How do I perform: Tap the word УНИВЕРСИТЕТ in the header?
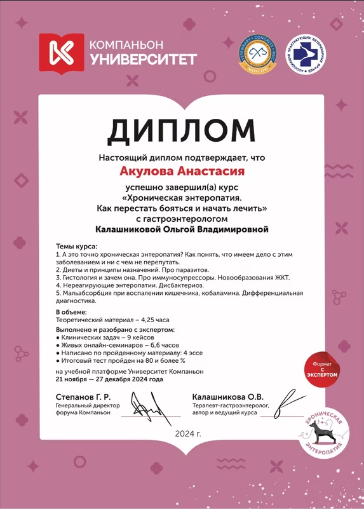tap(143, 60)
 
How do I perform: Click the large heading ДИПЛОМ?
tap(182, 130)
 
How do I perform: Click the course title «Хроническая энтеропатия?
tap(182, 197)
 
